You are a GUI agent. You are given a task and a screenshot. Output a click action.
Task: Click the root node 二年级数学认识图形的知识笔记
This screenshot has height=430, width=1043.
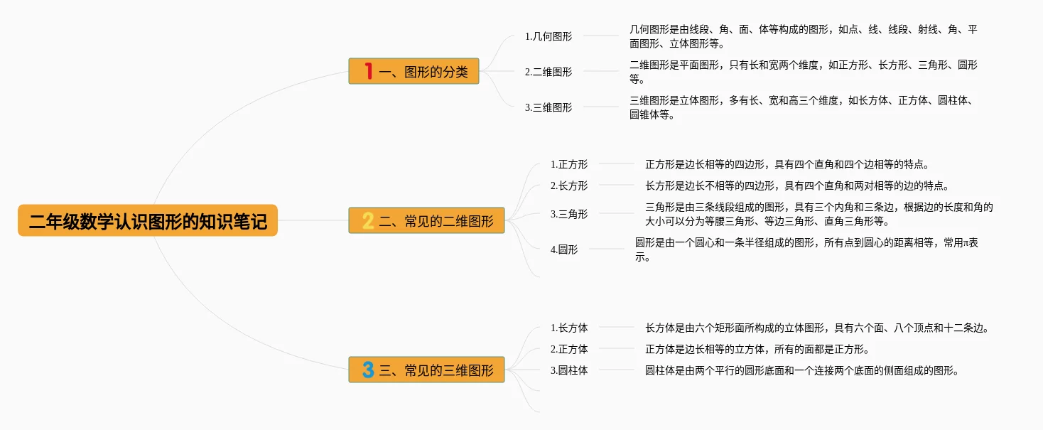(148, 221)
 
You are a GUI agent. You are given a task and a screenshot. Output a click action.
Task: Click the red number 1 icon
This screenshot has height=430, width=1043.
(368, 71)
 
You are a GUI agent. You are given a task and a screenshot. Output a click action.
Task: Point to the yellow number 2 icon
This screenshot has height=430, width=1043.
(368, 221)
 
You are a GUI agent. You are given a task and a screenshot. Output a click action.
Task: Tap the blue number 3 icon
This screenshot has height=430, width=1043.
(368, 370)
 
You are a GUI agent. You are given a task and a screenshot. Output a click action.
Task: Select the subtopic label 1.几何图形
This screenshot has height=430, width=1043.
(548, 36)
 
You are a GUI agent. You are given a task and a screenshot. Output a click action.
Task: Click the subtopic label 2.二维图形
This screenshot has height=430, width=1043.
(548, 72)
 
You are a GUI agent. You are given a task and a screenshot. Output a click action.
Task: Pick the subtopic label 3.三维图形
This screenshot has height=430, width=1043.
(548, 107)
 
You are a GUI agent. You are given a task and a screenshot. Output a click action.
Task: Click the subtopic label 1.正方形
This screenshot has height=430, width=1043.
(569, 164)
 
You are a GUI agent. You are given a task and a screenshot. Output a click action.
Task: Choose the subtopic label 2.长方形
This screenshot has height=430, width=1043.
(569, 186)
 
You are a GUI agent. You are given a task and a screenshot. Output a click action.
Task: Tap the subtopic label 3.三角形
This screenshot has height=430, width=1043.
(569, 214)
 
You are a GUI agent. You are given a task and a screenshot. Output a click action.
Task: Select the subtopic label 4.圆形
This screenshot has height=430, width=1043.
(564, 249)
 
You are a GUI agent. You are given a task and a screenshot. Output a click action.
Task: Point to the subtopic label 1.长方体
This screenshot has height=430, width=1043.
(569, 328)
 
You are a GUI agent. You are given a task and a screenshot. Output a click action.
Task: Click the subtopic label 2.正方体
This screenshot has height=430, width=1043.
(569, 349)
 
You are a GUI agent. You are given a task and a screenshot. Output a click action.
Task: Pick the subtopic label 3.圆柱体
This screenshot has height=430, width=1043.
(569, 370)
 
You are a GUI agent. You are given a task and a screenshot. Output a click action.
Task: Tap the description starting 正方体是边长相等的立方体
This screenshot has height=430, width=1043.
(757, 349)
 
